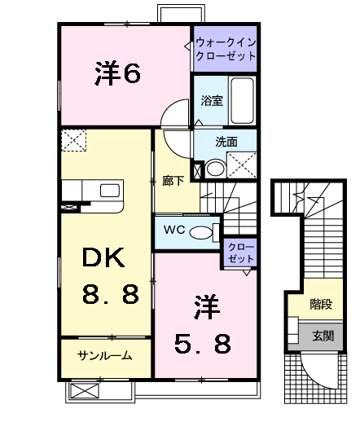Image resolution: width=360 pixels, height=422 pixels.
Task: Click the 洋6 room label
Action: coord(118,74)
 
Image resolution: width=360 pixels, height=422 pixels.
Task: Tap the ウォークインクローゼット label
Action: coord(225,48)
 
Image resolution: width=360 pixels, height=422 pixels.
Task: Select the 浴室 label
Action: coord(211,101)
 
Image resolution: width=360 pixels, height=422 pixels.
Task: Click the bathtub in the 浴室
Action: coord(241,99)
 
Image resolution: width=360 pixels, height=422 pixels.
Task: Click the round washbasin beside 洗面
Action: coord(214,169)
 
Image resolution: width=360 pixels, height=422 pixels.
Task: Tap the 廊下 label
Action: coord(171,181)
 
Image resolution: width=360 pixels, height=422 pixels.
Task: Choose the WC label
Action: coord(174,230)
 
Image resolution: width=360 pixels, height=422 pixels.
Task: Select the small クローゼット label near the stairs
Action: coord(240,252)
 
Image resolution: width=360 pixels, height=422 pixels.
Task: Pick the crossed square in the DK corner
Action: coord(75,142)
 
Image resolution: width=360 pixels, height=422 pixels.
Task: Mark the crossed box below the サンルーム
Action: coord(84,391)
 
